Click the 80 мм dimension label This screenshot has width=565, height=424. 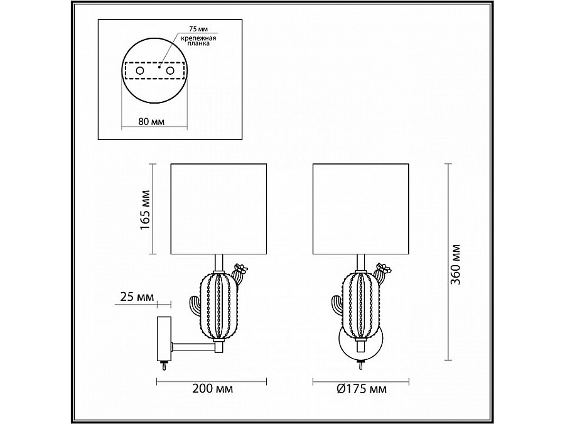(x=151, y=121)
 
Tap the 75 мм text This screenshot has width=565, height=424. (x=198, y=28)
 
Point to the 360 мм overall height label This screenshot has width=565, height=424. (x=456, y=264)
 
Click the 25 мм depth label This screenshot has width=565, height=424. (x=137, y=297)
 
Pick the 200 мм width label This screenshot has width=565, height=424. (x=212, y=389)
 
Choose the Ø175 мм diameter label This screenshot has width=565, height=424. (x=362, y=389)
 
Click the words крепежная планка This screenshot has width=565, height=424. (x=198, y=41)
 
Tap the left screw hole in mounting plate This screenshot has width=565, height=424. (x=140, y=70)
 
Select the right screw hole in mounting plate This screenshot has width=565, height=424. (x=170, y=70)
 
